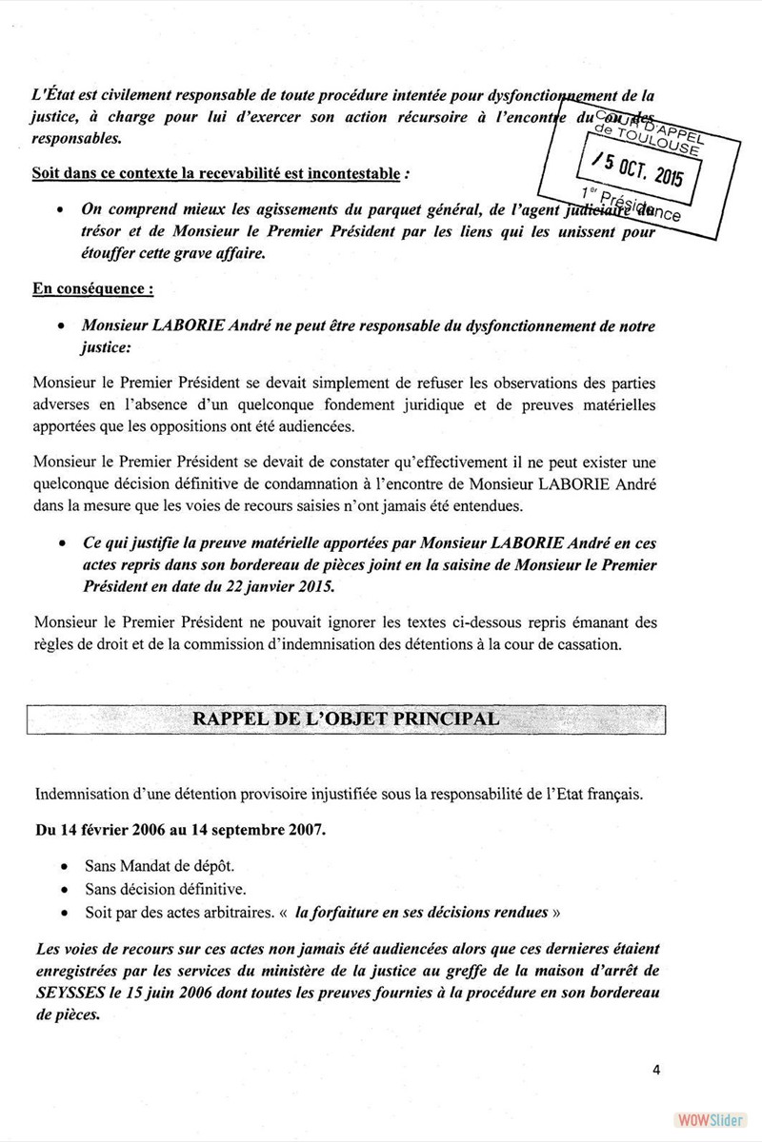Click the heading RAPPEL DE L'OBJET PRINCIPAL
pyautogui.click(x=346, y=718)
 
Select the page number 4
pyautogui.click(x=656, y=1068)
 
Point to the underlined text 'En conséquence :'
pyautogui.click(x=91, y=286)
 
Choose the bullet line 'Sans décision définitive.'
pyautogui.click(x=152, y=890)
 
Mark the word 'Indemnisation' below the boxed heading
pyautogui.click(x=83, y=793)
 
